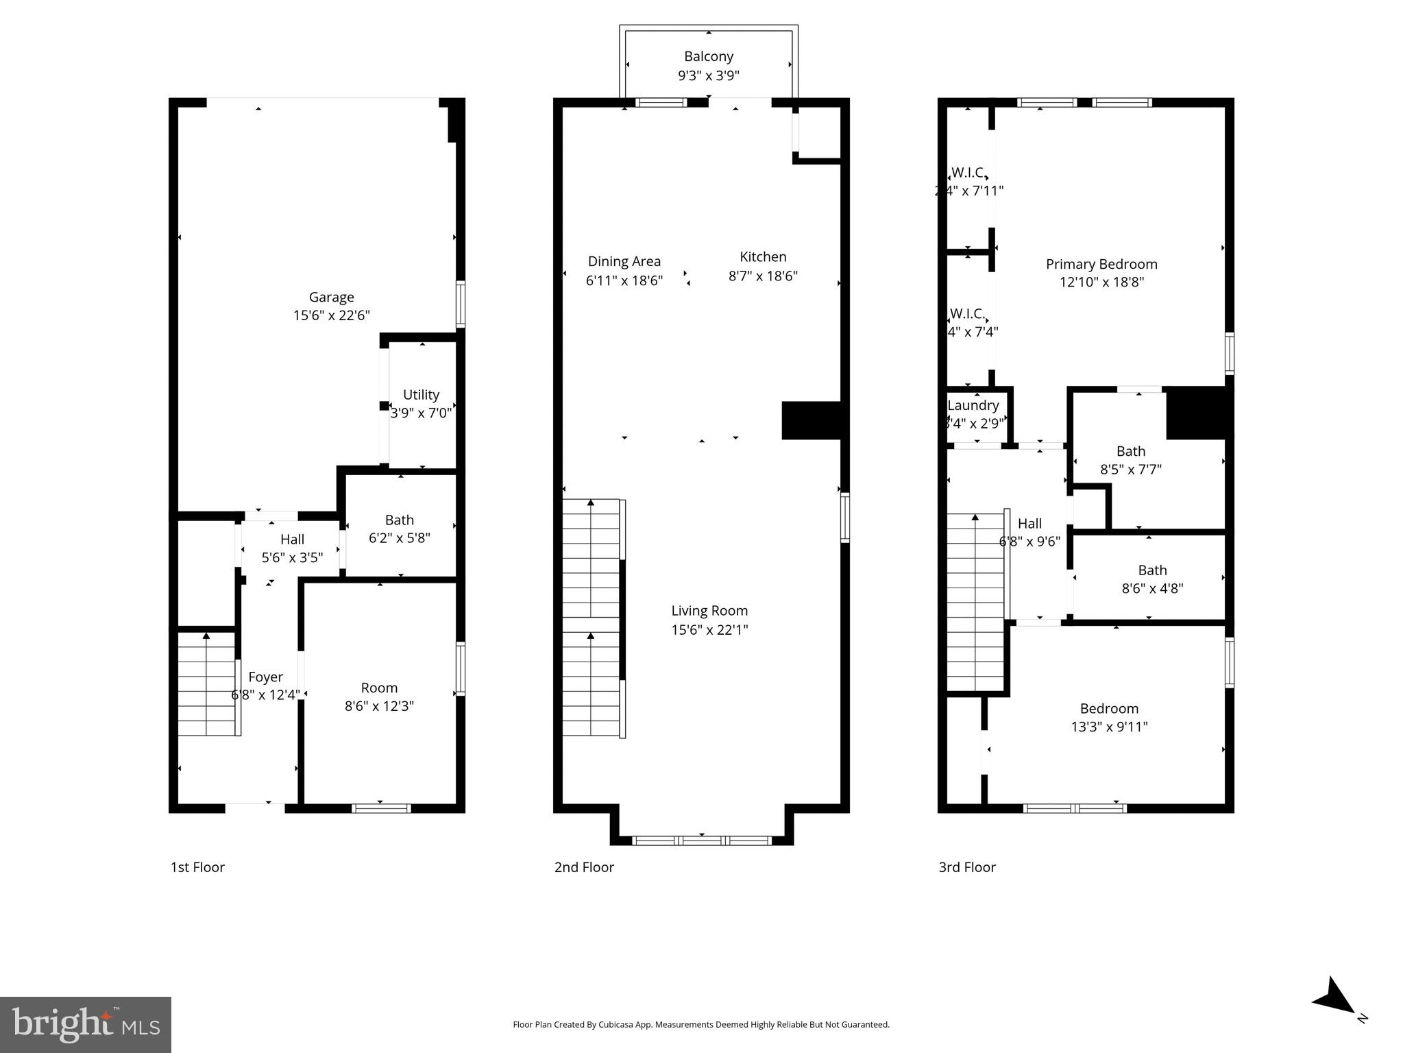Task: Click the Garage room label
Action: tap(331, 297)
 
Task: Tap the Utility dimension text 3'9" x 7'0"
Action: tap(421, 413)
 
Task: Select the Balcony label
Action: tap(708, 56)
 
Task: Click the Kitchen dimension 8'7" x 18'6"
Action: tap(762, 276)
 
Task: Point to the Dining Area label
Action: tap(624, 261)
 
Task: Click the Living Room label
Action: tap(709, 610)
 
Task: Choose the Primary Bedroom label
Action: tap(1101, 264)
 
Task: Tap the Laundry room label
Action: tap(973, 405)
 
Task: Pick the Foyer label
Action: tap(265, 677)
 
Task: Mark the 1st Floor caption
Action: tap(197, 867)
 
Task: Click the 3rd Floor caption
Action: tap(966, 867)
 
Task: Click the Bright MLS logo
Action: tap(85, 1024)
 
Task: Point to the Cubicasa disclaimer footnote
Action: tap(700, 1025)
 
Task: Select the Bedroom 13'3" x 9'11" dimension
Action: tap(1108, 727)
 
